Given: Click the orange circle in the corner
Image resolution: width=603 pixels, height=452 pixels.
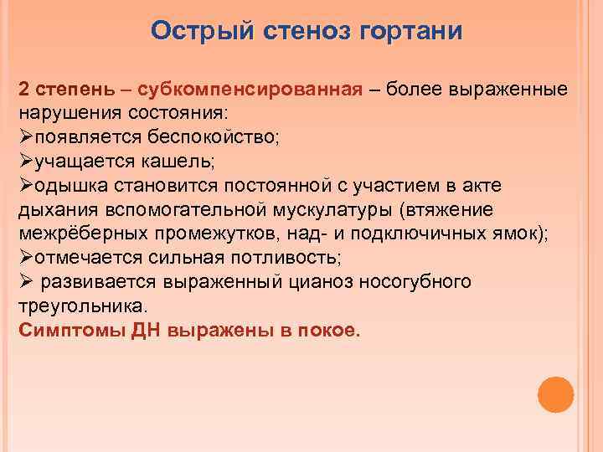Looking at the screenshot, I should tap(554, 394).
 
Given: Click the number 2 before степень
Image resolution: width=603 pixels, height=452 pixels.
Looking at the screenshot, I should tap(23, 90).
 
